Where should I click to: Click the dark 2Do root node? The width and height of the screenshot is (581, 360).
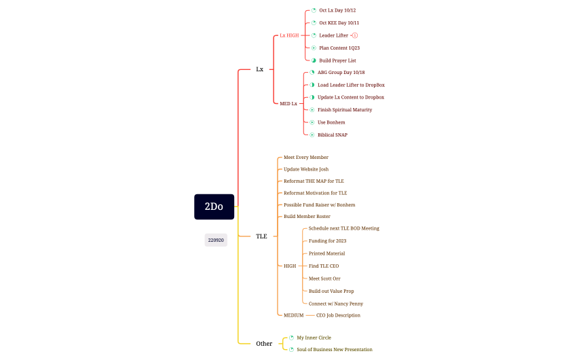coord(214,206)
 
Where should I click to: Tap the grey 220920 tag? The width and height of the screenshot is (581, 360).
coord(216,240)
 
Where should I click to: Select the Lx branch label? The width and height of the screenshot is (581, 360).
coord(259,69)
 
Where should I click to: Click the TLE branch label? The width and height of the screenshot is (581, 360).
coord(261,236)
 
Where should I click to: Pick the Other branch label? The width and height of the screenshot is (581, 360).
coord(264,344)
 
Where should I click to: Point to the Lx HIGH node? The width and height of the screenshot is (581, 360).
coord(289,35)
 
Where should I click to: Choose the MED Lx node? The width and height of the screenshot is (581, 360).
coord(288,103)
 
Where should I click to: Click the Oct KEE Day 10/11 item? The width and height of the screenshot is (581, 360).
coord(339,23)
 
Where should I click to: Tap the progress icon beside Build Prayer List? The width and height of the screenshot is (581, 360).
coord(314,60)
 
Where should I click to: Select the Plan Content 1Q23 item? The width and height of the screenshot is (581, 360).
coord(339,48)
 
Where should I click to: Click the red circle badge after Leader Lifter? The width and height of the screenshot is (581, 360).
coord(355,35)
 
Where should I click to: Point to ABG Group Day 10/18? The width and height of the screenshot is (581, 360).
coord(341,72)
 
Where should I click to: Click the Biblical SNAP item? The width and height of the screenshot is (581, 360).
coord(332,134)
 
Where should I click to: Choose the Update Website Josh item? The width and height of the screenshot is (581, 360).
coord(305,169)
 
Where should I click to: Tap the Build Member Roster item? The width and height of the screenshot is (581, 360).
coord(307,216)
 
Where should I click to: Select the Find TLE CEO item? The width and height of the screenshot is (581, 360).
coord(324,266)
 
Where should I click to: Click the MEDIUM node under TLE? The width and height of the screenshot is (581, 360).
coord(293,315)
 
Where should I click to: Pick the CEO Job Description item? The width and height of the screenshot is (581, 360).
coord(338,315)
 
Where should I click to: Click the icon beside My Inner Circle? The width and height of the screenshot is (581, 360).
coord(291,338)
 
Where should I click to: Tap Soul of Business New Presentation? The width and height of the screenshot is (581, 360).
coord(334,349)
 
